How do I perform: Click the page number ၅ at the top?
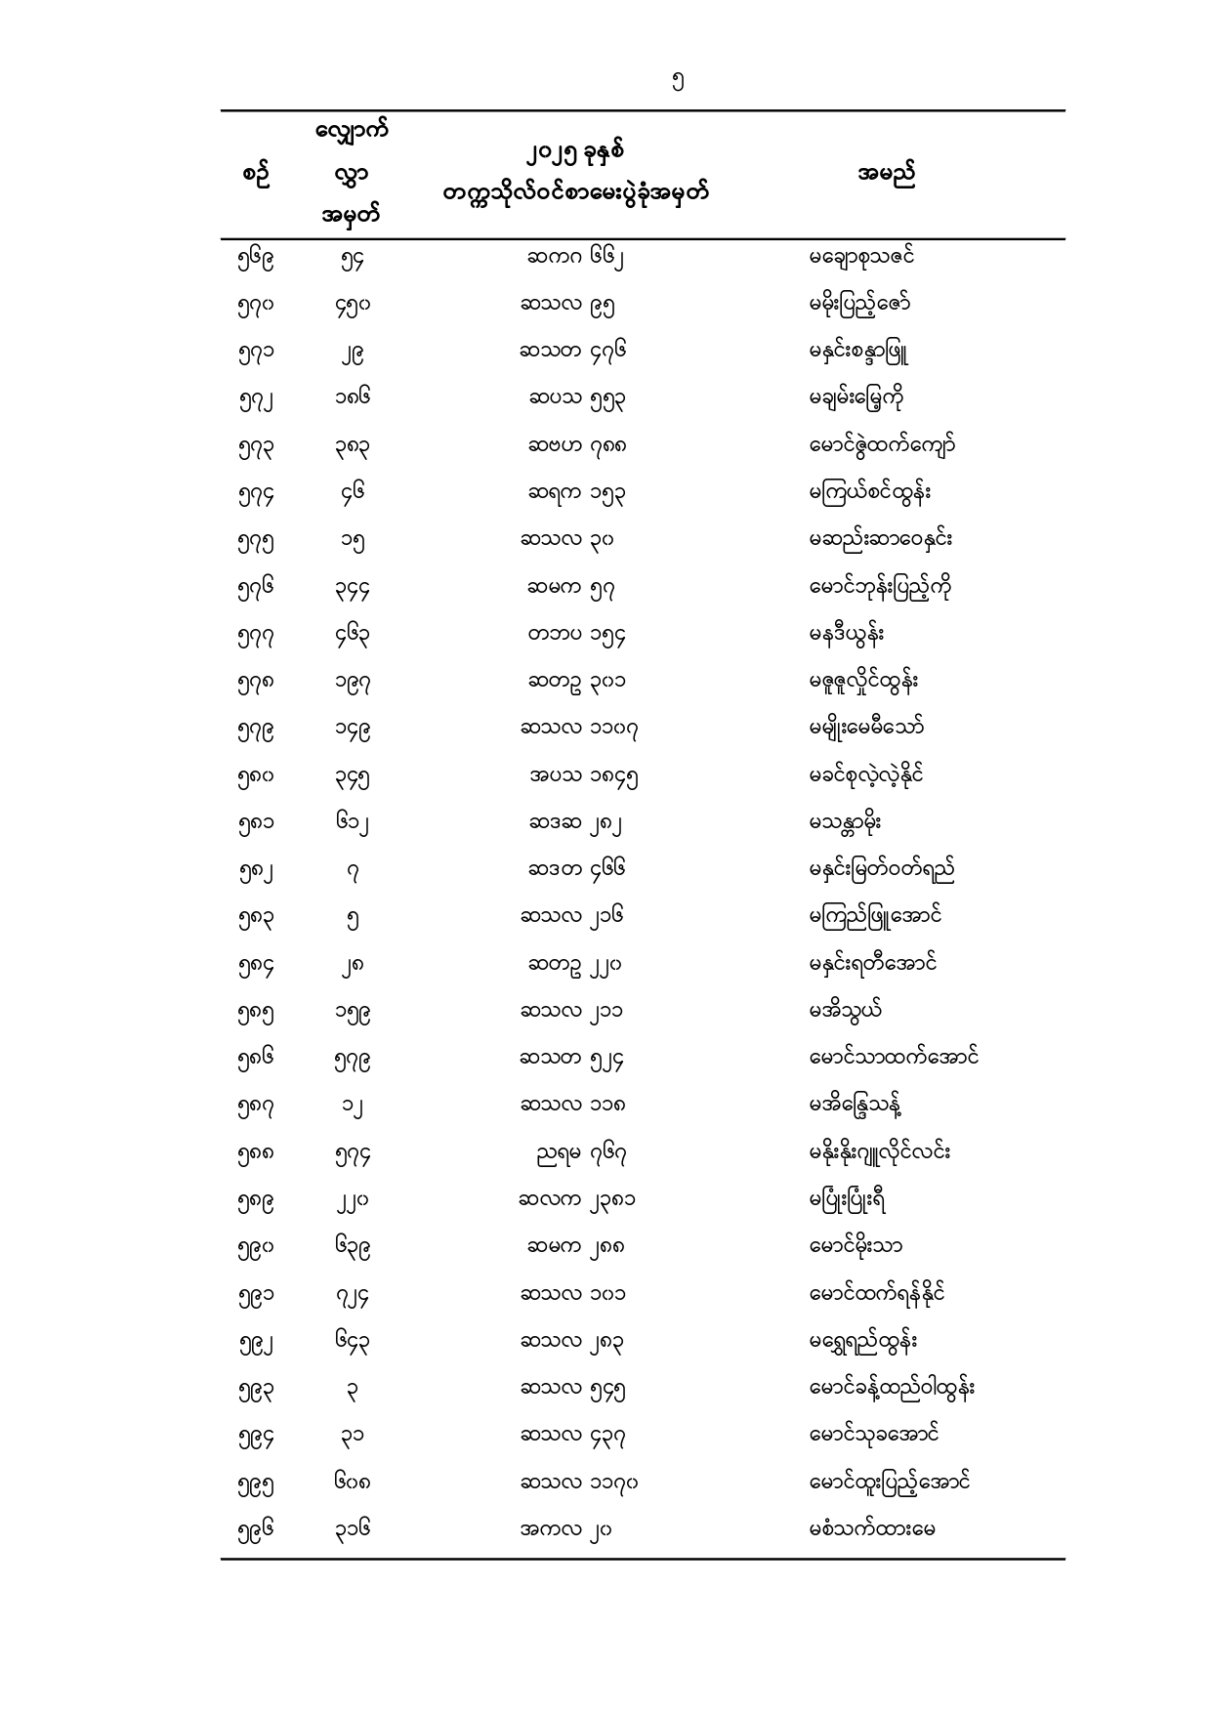coord(679,83)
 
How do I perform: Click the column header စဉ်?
coord(255,176)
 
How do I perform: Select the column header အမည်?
coord(886,176)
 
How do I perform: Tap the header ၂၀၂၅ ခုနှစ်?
coord(575,153)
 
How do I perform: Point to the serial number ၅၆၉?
coord(255,260)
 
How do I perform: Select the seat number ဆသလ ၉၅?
coord(567,306)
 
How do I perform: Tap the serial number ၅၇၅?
coord(255,542)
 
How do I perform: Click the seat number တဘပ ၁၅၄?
coord(576,636)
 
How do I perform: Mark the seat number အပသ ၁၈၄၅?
coord(584,777)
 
